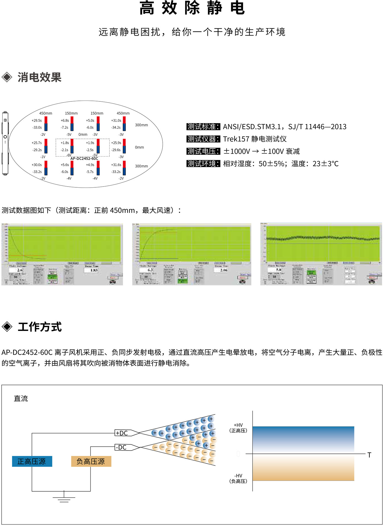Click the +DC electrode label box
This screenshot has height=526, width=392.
coord(122,433)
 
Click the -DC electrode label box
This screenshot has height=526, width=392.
coord(121,447)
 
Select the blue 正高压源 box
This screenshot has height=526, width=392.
coord(32,461)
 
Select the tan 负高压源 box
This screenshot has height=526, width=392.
coord(91,461)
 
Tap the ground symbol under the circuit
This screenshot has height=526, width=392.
coord(64,498)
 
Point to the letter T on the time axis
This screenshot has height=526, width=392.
coord(369,455)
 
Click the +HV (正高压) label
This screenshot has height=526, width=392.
coord(238,428)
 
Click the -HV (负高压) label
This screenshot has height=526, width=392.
coord(238,478)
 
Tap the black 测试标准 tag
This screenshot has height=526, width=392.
coord(203,127)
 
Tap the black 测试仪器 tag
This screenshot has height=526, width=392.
coord(203,139)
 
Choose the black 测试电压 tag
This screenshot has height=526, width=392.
coord(203,151)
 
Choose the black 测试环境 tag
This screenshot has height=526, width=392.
coord(203,164)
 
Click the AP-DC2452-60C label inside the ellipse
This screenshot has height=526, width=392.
coord(84,158)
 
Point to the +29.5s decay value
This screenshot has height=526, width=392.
coord(37,120)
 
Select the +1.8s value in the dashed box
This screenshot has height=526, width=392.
coord(65,143)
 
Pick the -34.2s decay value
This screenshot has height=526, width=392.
coord(116,128)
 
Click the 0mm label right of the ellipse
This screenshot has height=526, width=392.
coord(139,147)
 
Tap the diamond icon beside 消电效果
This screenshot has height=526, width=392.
coord(7,77)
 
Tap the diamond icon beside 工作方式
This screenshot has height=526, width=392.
coord(7,327)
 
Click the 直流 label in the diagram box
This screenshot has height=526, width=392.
coord(21,398)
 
